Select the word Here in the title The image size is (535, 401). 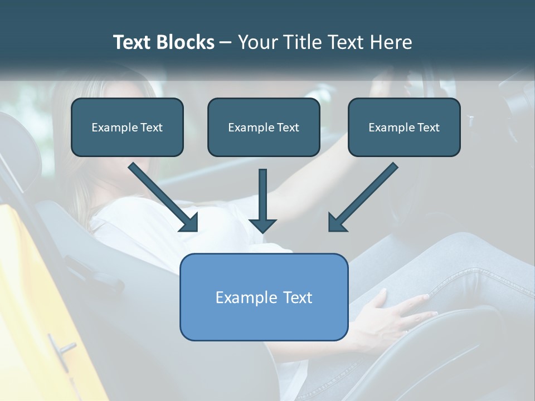pos(391,42)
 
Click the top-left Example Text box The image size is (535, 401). pos(127,128)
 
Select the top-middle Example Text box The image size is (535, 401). pos(264,128)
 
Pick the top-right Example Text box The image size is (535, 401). pos(404,128)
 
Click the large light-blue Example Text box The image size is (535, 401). pos(264,297)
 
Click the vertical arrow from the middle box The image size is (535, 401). pos(262,198)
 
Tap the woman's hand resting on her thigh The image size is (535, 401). pos(390,312)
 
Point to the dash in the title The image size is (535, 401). pos(226,43)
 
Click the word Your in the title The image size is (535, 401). pos(255,42)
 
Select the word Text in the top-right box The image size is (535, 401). pos(428,128)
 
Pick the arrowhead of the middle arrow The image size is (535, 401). pos(262,224)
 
